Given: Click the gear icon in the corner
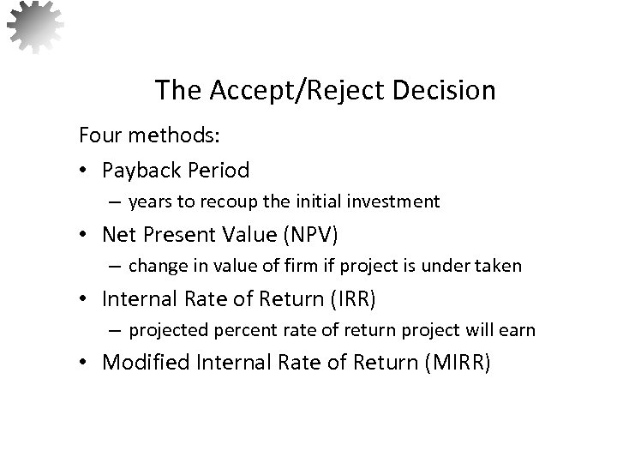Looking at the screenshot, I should coord(34,27).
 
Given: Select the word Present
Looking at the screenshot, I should coord(184,233).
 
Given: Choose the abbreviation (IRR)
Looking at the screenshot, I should coord(353,298).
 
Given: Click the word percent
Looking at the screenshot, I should coord(231,330).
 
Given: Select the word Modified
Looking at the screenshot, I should coord(146,362).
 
